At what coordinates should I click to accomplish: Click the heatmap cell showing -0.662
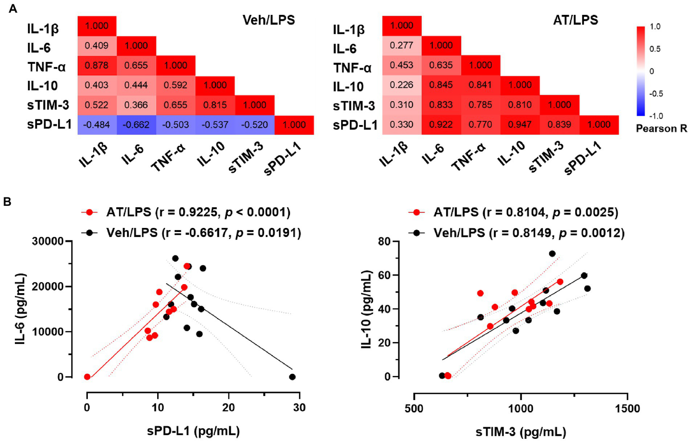(136, 125)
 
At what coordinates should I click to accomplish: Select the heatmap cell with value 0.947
(519, 125)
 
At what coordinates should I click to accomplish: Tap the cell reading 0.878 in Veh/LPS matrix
(97, 65)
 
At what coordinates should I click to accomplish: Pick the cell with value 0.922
(441, 125)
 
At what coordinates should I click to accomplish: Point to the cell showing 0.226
(402, 85)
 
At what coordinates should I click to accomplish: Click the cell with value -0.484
(97, 125)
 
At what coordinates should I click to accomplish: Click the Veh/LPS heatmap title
(269, 20)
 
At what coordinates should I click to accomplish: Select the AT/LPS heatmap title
(575, 20)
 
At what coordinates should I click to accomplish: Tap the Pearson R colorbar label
(661, 129)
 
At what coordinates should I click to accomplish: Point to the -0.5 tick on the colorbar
(655, 94)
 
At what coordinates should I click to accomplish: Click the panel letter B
(7, 202)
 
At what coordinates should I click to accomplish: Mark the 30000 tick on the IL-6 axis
(48, 241)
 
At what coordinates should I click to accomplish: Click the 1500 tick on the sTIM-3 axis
(627, 408)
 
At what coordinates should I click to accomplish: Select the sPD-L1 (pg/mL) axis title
(193, 431)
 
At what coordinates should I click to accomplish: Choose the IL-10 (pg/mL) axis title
(366, 309)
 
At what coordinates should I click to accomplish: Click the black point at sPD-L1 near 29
(292, 377)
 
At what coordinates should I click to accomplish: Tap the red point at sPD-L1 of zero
(87, 377)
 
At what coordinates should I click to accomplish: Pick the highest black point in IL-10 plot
(552, 254)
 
